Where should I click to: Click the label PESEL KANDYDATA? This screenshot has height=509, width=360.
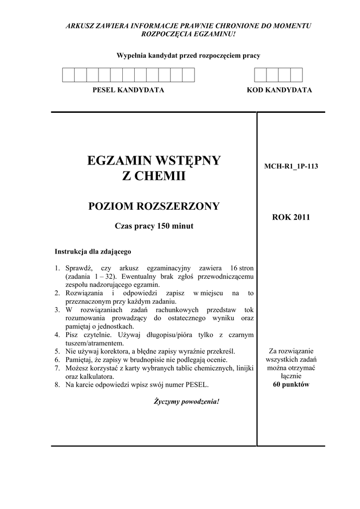click(128, 90)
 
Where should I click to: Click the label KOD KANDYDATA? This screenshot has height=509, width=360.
click(279, 90)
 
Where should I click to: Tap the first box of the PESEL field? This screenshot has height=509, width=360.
click(68, 75)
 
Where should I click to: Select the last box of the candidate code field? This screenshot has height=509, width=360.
click(296, 75)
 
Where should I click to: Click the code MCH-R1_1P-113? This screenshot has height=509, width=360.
click(291, 167)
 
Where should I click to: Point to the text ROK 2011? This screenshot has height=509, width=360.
click(291, 217)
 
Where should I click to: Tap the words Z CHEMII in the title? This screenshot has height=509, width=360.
click(154, 176)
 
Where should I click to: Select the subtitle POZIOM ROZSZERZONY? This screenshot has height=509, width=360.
click(154, 207)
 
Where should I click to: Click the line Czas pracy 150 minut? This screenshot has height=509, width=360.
click(154, 226)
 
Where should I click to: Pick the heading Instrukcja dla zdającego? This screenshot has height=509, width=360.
click(93, 251)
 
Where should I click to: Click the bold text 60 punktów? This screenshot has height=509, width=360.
click(291, 385)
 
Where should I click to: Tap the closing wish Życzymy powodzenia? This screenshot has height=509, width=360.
click(186, 401)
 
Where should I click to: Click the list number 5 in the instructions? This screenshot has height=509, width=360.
click(57, 351)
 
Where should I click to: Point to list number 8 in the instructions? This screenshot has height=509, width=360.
click(57, 385)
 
